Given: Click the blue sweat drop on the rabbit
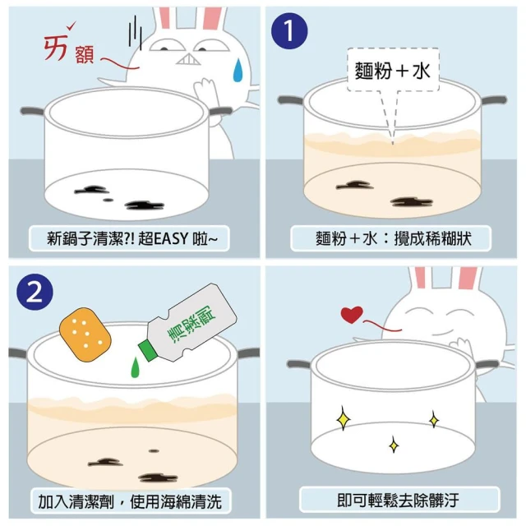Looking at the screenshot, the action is tap(238, 70).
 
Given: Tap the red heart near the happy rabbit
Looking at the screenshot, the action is tap(352, 314).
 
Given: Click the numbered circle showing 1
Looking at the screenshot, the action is tap(289, 31).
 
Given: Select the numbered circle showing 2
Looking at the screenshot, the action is tap(35, 292).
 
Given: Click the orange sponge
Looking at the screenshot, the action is tap(85, 335).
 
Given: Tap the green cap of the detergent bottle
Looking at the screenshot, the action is tap(147, 350).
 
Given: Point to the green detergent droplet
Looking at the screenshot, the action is tap(135, 367).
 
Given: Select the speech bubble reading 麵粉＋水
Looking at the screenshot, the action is tap(393, 70).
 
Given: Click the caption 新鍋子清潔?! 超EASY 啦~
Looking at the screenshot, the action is tap(129, 238).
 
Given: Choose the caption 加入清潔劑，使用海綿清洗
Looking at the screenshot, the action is tap(131, 501).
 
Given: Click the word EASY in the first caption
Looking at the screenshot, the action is tap(172, 238).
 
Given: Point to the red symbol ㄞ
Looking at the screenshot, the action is tap(57, 48).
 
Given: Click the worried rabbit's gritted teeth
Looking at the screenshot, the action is tap(188, 59).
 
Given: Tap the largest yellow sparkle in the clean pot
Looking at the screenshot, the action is tap(344, 418).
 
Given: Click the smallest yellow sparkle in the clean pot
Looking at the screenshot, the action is tap(394, 445).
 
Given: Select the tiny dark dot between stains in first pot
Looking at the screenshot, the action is tap(108, 200).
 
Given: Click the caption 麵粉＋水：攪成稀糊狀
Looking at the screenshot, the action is tap(391, 238).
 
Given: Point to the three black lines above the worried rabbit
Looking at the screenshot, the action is tap(135, 32).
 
